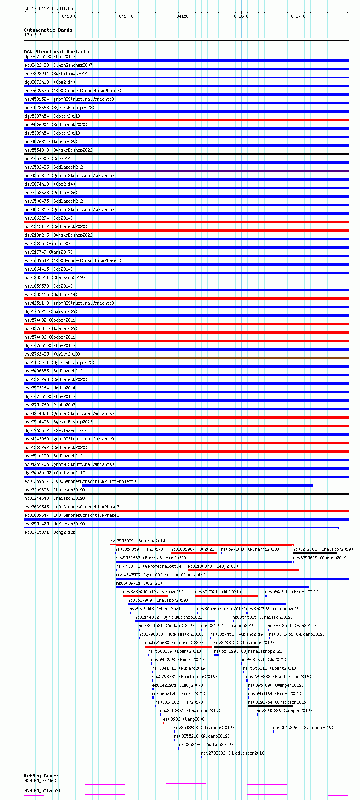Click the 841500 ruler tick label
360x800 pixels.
pyautogui.click(x=184, y=16)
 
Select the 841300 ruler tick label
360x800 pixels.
pyautogui.click(x=69, y=16)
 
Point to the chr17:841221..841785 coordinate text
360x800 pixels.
pyautogui.click(x=49, y=8)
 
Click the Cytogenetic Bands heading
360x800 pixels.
pyautogui.click(x=48, y=30)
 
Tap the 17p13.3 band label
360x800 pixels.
pyautogui.click(x=33, y=35)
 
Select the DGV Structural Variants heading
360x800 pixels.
pyautogui.click(x=56, y=52)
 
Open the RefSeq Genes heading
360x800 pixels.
pyautogui.click(x=41, y=776)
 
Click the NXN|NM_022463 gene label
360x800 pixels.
pyautogui.click(x=40, y=781)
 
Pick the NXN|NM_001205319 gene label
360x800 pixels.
pyautogui.click(x=44, y=791)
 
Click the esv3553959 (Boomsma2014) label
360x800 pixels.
pyautogui.click(x=138, y=541)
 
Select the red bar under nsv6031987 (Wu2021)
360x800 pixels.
pyautogui.click(x=194, y=553)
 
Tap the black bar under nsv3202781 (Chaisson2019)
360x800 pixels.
pyautogui.click(x=315, y=553)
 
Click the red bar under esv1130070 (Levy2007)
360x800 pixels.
pyautogui.click(x=243, y=570)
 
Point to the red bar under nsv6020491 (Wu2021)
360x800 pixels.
pyautogui.click(x=227, y=596)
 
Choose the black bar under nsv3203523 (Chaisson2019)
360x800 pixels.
pyautogui.click(x=236, y=647)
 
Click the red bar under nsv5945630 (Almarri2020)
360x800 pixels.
pyautogui.click(x=178, y=647)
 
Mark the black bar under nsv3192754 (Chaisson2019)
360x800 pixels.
pyautogui.click(x=270, y=706)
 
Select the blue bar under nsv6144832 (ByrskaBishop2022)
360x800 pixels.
pyautogui.click(x=174, y=621)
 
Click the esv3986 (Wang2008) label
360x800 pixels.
pyautogui.click(x=184, y=719)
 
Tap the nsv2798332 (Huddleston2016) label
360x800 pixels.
pyautogui.click(x=233, y=753)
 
